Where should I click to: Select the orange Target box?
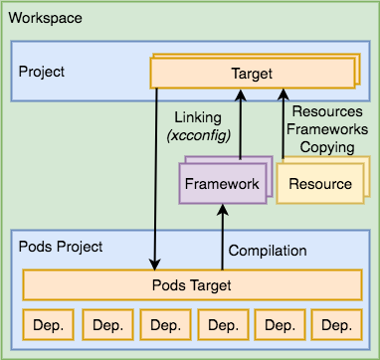251,74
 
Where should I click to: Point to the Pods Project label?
61,246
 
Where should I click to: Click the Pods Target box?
191,285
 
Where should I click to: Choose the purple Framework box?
222,184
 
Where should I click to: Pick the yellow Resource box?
319,184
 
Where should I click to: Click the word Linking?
197,116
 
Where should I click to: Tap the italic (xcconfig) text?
197,134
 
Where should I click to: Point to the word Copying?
326,146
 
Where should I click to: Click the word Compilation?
268,251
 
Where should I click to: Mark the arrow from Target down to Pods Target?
156,179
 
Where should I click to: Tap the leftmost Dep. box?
48,325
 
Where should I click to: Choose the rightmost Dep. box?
336,325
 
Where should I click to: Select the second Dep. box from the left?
105,325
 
